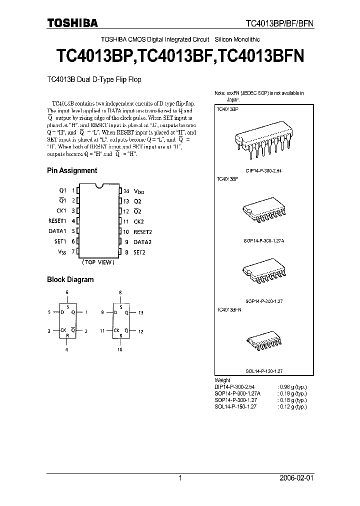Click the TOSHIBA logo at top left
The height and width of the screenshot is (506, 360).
(72, 22)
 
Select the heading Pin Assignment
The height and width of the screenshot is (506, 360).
(72, 170)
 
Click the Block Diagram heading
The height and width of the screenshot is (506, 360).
(70, 279)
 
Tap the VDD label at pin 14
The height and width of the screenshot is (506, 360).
(139, 191)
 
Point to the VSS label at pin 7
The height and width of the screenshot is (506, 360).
(62, 252)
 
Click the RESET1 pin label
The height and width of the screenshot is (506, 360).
(57, 221)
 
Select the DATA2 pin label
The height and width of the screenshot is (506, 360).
(142, 242)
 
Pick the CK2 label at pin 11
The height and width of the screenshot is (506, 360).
(138, 221)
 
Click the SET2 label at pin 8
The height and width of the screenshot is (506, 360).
(139, 252)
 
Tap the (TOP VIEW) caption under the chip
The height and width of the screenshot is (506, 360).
(98, 262)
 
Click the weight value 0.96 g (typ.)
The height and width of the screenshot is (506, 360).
(292, 386)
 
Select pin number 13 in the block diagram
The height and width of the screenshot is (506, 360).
(141, 312)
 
